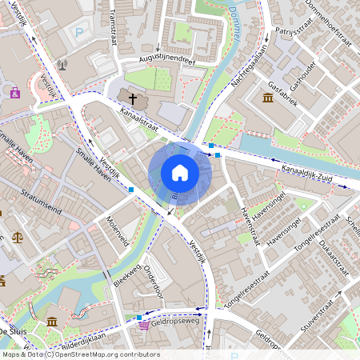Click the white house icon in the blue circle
180,172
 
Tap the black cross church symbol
133,98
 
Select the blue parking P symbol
78,33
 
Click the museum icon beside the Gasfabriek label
267,98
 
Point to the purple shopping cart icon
143,324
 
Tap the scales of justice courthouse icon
18,238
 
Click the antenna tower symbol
63,65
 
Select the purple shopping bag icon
15,93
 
